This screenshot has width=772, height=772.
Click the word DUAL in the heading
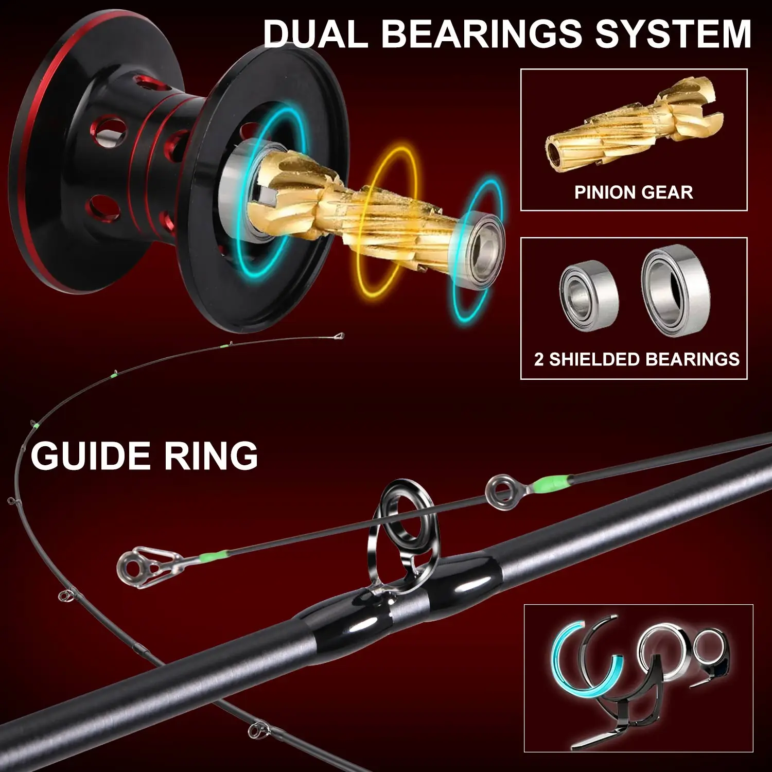pos(315,34)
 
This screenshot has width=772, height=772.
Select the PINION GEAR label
pos(634,192)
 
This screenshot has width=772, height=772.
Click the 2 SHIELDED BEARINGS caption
pos(637,359)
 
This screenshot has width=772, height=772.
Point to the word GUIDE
pos(91,456)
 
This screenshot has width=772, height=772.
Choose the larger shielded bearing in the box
pos(675,291)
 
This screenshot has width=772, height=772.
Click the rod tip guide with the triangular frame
pos(138,567)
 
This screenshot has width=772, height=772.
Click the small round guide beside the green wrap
pos(502,492)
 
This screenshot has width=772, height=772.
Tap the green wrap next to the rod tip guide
pos(214,556)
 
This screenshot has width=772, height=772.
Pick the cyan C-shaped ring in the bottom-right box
pos(571,664)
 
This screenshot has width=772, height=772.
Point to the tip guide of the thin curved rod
pos(338,337)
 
